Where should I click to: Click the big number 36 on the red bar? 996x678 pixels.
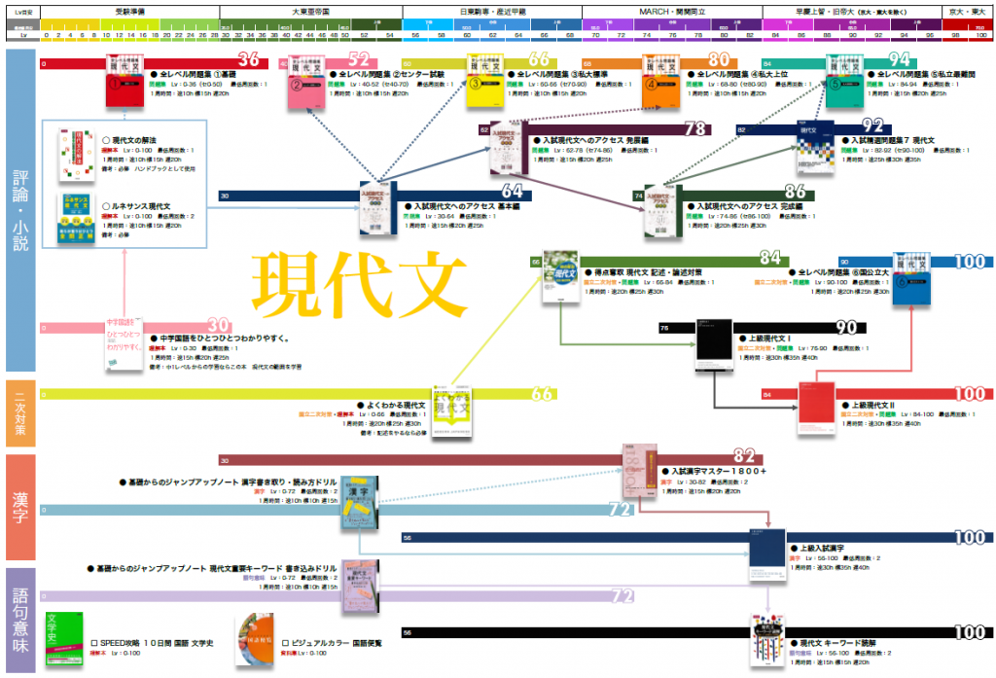248,59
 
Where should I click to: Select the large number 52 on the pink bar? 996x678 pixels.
358,60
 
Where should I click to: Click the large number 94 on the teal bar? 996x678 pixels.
899,60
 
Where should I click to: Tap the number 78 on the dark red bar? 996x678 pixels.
694,129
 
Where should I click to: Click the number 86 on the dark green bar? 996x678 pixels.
795,193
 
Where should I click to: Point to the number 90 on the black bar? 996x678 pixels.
845,328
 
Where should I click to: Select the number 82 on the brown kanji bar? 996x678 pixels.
744,456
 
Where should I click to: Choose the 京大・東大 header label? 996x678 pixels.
970,11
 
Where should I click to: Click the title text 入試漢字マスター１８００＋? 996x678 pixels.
719,471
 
